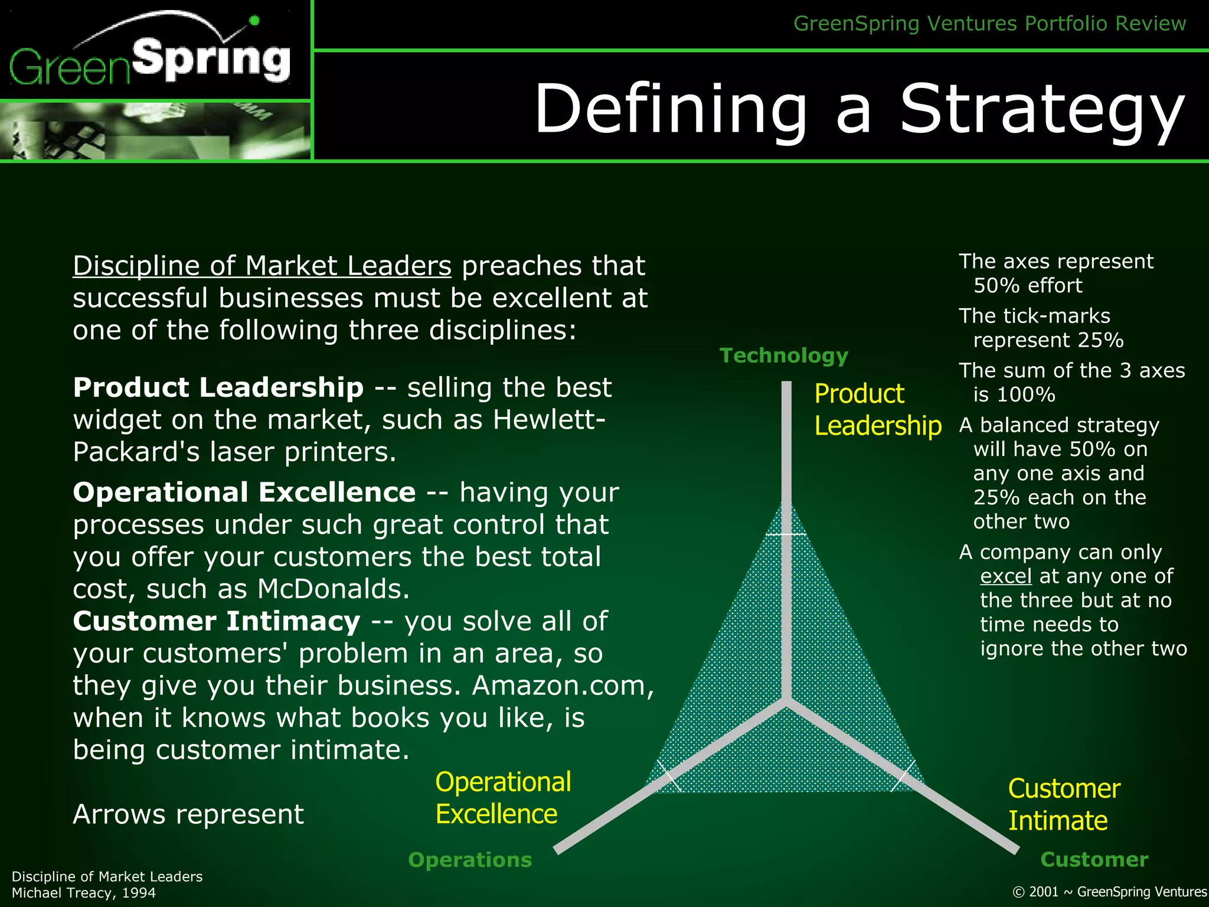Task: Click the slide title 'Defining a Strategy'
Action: point(859,109)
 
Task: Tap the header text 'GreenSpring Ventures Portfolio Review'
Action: point(989,24)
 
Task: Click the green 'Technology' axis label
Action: point(783,355)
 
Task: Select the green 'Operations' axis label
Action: point(470,860)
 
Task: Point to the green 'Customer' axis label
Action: point(1094,859)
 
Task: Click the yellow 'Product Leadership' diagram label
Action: point(877,410)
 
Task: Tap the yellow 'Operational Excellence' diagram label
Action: point(502,798)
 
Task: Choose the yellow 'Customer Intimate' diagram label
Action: point(1063,804)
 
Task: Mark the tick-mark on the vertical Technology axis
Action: point(786,534)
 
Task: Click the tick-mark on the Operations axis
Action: point(668,777)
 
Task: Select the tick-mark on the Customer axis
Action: point(903,776)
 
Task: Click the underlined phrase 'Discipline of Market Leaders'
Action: point(262,266)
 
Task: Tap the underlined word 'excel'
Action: point(1005,576)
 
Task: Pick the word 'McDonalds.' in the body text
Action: point(333,589)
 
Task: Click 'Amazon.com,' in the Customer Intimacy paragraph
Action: point(563,686)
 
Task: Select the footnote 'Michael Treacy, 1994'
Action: point(84,892)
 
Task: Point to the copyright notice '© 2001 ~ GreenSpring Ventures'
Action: point(1109,892)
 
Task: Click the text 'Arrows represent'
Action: point(188,814)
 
